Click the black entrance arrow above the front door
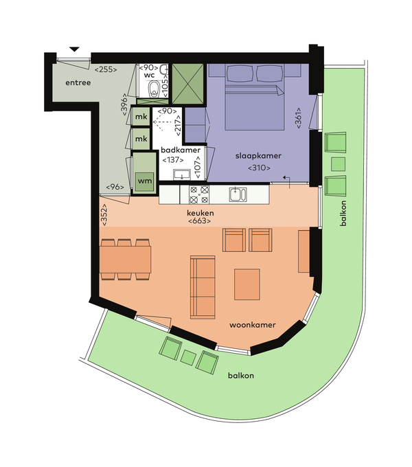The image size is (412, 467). (74, 49)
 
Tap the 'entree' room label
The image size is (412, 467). (78, 82)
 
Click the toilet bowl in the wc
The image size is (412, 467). (154, 88)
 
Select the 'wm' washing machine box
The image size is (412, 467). (145, 181)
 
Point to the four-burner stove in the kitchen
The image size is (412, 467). (199, 194)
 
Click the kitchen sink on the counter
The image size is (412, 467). (238, 194)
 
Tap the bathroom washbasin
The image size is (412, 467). (182, 175)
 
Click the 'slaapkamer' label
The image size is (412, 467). (258, 156)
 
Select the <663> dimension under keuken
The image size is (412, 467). (199, 221)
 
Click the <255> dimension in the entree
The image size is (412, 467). (106, 69)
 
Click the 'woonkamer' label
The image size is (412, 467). (253, 325)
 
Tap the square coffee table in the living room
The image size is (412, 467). (247, 284)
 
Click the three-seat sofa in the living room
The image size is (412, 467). (203, 287)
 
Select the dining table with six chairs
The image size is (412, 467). (126, 259)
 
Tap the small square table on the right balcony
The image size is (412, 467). (338, 164)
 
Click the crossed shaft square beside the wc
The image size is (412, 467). (188, 84)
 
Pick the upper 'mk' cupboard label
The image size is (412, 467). (141, 117)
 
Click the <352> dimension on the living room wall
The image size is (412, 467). (104, 215)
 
